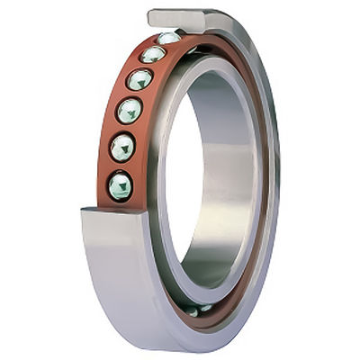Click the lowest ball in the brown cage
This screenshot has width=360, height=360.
tap(120, 185)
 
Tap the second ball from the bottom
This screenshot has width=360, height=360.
tap(122, 147)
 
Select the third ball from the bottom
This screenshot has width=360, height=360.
tap(130, 111)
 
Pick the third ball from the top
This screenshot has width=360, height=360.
tap(139, 79)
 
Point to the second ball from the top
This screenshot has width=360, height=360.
tap(153, 55)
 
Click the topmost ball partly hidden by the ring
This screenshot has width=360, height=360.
tap(168, 38)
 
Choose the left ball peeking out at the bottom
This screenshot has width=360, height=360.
tap(192, 310)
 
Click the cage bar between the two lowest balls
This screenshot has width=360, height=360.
tap(120, 166)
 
